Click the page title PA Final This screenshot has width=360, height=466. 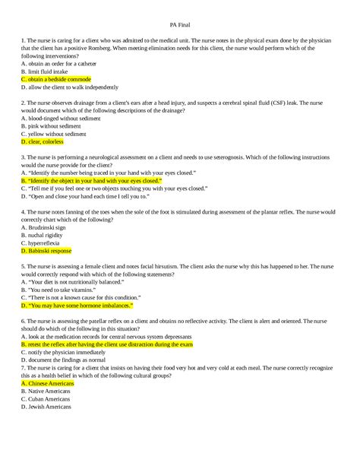(x=179, y=24)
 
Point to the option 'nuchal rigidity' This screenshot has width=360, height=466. (x=45, y=234)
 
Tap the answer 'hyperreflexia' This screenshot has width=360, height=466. (x=43, y=242)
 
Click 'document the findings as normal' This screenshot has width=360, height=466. (x=68, y=360)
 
